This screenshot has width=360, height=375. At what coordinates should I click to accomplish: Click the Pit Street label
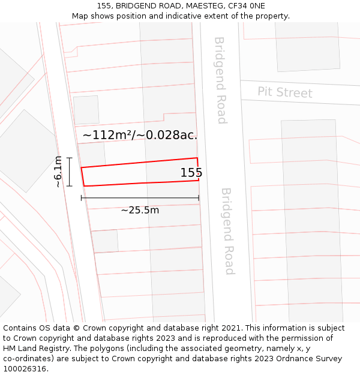pos(285,93)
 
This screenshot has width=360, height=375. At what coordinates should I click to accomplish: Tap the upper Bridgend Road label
pos(220,80)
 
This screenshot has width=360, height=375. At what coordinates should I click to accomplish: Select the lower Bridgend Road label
pos(227,231)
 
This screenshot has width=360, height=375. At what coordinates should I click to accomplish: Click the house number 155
pos(191,173)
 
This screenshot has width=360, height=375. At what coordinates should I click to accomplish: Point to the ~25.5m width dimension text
pos(140,210)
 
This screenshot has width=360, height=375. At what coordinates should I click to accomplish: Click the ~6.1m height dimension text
pos(58,172)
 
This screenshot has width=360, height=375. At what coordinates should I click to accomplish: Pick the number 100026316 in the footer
pos(26,368)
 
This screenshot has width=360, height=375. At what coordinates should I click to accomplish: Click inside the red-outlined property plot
pos(138,173)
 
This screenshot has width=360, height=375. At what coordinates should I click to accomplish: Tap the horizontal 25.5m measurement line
pos(140,197)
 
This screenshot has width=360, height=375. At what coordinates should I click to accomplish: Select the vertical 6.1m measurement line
pos(70,172)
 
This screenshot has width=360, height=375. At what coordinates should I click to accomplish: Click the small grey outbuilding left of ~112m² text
pos(86,110)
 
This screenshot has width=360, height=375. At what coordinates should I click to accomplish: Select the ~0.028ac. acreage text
pos(167,135)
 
